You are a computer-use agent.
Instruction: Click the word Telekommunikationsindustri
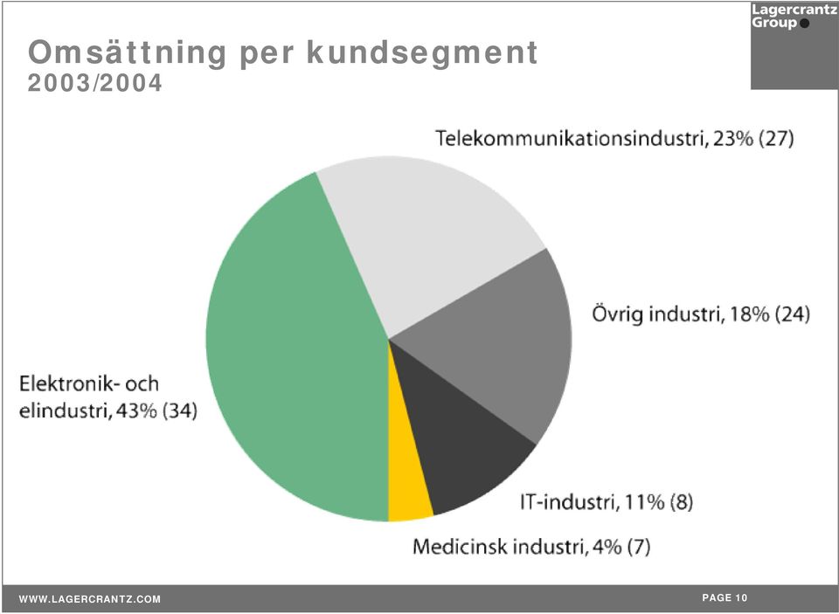coord(571,139)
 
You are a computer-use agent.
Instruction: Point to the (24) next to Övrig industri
coord(792,314)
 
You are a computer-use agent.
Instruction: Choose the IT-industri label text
coord(567,503)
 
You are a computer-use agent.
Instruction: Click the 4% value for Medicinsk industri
coord(605,547)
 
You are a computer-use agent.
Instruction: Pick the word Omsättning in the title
coord(128,54)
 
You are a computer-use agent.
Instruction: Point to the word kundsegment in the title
coord(423,54)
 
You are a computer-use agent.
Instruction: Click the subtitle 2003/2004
coord(94,84)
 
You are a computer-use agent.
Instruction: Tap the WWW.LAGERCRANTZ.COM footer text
coord(89,599)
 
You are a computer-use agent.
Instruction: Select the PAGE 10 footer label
coord(725,598)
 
